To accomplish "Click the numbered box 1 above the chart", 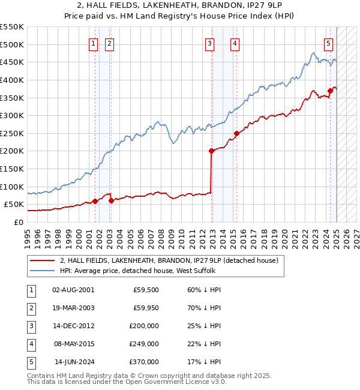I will click(94, 43).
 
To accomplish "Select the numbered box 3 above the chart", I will click(209, 43).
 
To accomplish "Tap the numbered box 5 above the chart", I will click(329, 43).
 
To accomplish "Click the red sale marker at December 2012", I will click(211, 151).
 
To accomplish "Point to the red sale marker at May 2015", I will click(236, 134).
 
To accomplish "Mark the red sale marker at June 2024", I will click(330, 91).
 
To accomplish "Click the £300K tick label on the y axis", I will click(12, 115).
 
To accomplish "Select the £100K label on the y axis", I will click(12, 187).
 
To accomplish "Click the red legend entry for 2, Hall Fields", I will click(169, 261).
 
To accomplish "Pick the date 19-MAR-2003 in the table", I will click(74, 308).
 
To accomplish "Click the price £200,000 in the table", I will click(145, 326).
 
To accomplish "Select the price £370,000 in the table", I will click(145, 362).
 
